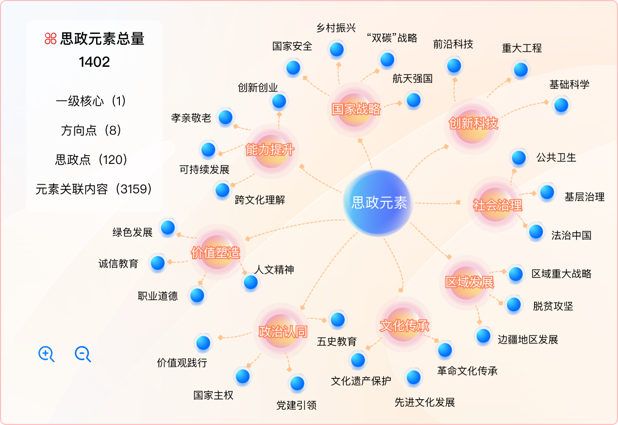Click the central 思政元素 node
[379, 203]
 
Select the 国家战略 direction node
[356, 109]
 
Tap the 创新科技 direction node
[473, 123]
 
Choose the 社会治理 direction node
[497, 205]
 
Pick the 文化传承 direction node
[404, 325]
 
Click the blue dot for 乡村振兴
[336, 50]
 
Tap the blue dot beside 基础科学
[560, 105]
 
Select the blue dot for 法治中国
[536, 232]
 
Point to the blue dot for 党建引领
[297, 384]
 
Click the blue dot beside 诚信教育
[158, 263]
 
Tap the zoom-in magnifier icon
[46, 354]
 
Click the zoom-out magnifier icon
[82, 354]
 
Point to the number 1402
[95, 62]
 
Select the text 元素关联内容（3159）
[94, 189]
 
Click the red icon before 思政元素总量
[50, 38]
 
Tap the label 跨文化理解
[260, 200]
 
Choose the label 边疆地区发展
[527, 339]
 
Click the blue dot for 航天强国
[413, 100]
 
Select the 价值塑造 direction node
[215, 252]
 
